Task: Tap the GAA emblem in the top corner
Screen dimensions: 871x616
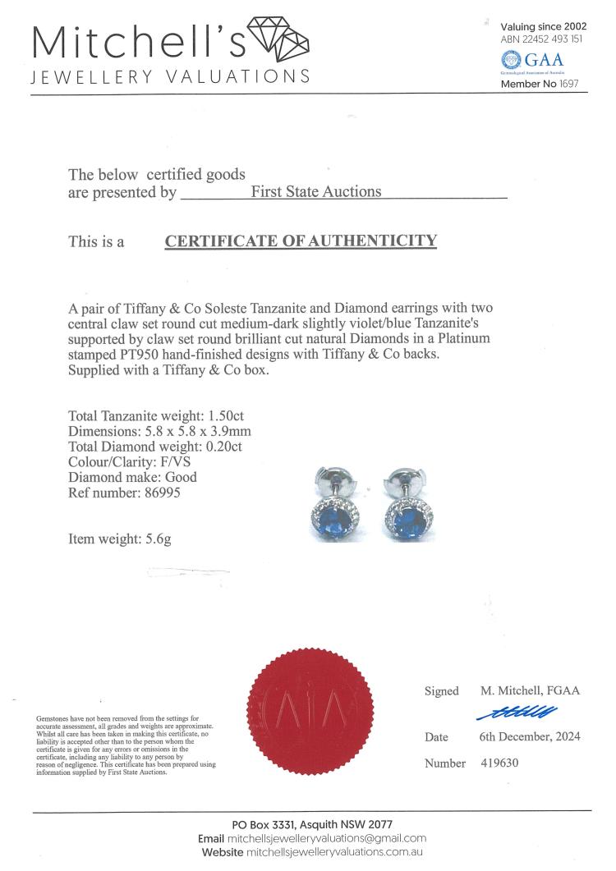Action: tap(511, 59)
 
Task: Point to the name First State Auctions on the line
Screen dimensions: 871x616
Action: tap(316, 191)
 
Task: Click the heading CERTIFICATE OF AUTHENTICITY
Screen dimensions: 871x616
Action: tap(301, 241)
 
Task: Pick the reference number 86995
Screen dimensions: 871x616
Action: tap(159, 493)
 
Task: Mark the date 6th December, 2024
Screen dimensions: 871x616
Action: tap(530, 736)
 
